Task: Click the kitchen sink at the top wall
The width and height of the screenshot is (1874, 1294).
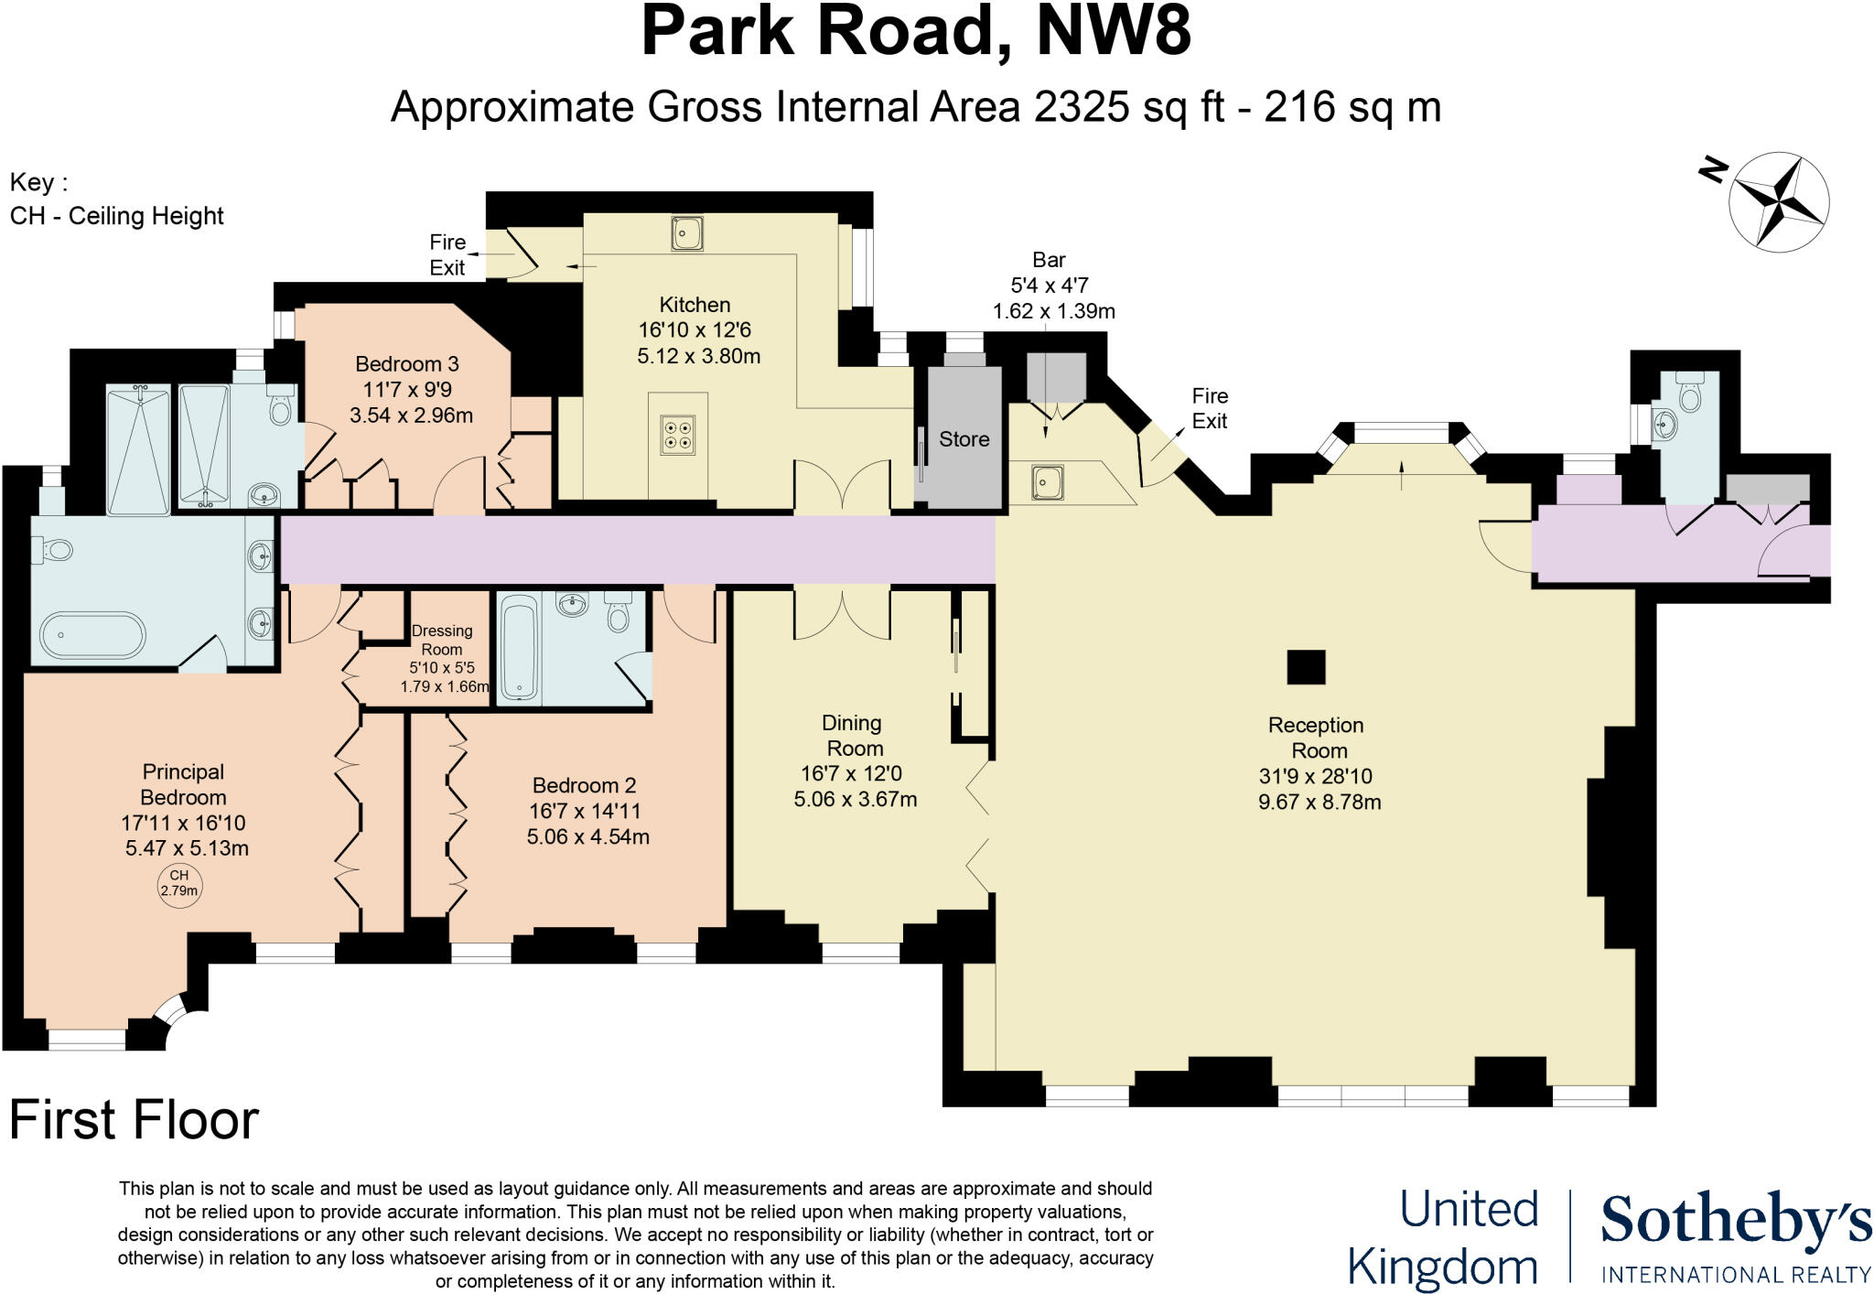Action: tap(686, 232)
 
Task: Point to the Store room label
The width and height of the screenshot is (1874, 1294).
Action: tap(964, 439)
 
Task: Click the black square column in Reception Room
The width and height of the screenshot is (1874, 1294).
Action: tap(1306, 667)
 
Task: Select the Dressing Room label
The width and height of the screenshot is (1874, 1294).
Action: tap(442, 640)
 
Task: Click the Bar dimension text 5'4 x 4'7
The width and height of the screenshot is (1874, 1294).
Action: tap(1049, 286)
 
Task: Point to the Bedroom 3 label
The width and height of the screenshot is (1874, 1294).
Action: tap(407, 364)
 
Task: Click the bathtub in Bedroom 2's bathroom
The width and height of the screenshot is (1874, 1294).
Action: tap(520, 647)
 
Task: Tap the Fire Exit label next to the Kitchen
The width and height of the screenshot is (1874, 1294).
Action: tap(447, 254)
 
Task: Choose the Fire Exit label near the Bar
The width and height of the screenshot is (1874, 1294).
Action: tap(1209, 408)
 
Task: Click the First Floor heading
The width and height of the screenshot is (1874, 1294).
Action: tap(134, 1120)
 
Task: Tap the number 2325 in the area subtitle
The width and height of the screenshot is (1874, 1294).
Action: tap(1082, 107)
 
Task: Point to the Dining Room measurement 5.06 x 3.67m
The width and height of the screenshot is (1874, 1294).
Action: tap(855, 799)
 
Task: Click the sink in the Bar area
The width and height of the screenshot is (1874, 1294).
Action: tap(1047, 480)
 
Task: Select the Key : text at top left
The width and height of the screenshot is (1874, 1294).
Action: tap(38, 182)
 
